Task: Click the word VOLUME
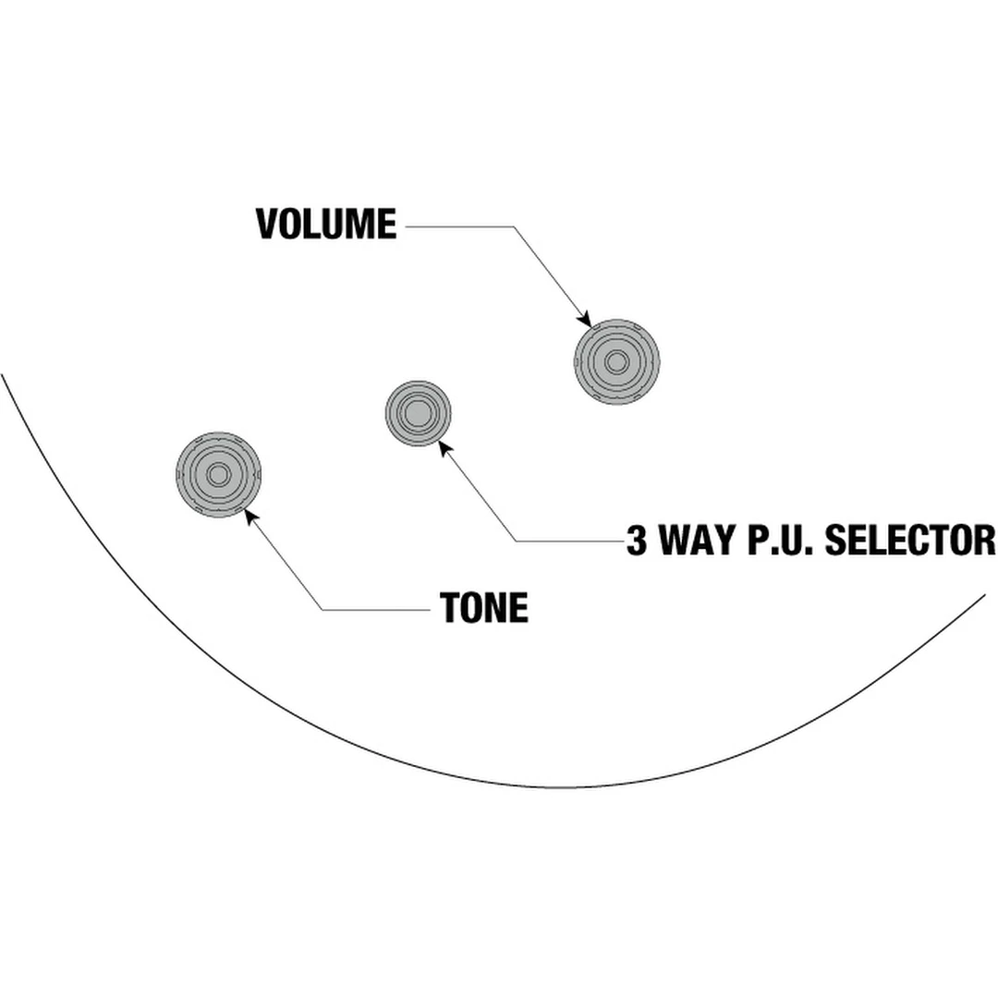point(325,225)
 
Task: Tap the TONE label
point(484,608)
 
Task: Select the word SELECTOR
point(909,541)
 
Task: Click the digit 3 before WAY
point(637,541)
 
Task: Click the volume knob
point(616,361)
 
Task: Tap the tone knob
point(218,474)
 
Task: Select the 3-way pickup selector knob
point(418,412)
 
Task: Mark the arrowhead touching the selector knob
point(445,447)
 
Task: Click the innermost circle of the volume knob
point(616,361)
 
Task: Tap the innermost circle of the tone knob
point(218,474)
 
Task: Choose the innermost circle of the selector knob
point(418,412)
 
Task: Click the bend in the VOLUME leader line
point(513,225)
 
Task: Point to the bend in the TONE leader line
point(323,609)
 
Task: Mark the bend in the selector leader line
point(516,541)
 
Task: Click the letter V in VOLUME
point(267,225)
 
